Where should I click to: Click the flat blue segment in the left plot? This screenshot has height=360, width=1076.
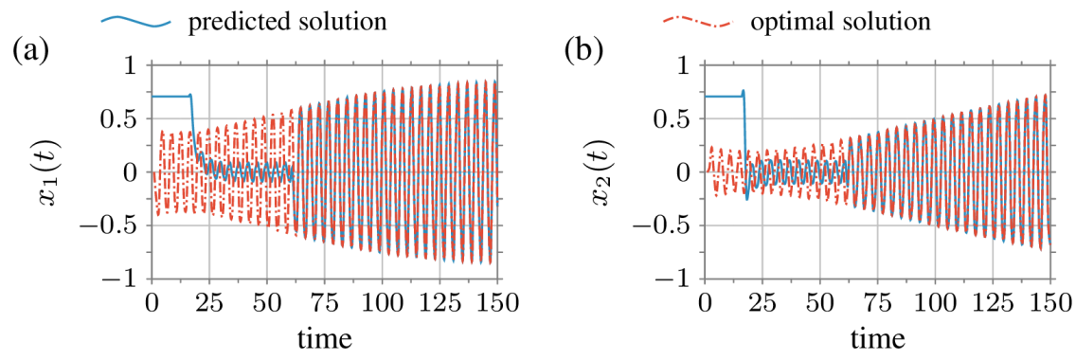click(x=170, y=96)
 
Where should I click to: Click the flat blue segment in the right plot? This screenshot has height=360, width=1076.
click(x=723, y=96)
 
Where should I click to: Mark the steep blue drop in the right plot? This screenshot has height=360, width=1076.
click(x=745, y=142)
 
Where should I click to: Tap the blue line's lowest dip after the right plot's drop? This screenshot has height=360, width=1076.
click(x=747, y=198)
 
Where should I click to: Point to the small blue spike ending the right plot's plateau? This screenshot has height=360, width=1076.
click(x=744, y=91)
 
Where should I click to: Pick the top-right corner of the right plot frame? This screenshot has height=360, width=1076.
click(x=1050, y=65)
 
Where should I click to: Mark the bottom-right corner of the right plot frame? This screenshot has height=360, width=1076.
click(x=1050, y=279)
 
